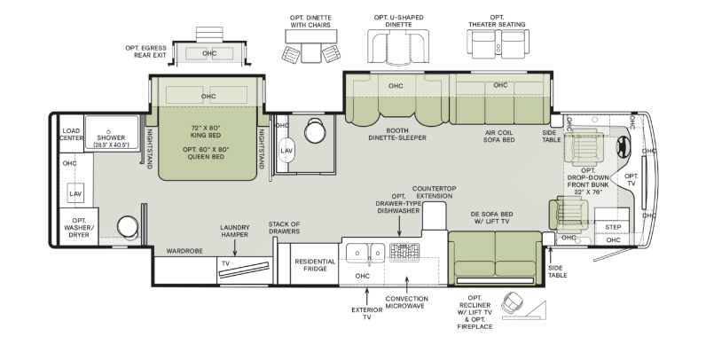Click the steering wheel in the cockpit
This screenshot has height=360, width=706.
click(x=624, y=146)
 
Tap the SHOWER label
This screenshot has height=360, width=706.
click(x=111, y=137)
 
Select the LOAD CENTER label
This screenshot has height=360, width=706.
click(x=71, y=134)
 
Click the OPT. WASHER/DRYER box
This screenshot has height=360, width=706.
click(x=79, y=227)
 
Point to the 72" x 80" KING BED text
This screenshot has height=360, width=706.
click(x=206, y=131)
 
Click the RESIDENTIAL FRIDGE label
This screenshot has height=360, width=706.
click(x=315, y=264)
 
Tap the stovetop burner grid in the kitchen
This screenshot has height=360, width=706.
click(x=404, y=252)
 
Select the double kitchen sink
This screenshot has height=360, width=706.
click(x=365, y=253)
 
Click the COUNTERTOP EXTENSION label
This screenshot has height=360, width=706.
click(x=434, y=192)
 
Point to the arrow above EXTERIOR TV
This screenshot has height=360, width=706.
click(x=367, y=296)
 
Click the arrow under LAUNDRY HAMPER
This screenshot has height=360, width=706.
click(x=234, y=248)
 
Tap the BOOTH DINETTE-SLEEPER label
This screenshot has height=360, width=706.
click(x=397, y=134)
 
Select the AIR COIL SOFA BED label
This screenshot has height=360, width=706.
click(x=498, y=136)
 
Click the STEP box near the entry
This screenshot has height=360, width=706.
click(x=612, y=227)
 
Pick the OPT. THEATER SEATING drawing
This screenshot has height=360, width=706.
click(x=498, y=43)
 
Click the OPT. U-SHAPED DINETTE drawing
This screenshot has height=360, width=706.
click(x=398, y=46)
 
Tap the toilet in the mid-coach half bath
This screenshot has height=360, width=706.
click(x=314, y=130)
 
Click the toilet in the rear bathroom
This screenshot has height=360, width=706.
click(x=128, y=226)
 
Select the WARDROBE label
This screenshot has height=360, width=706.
click(x=184, y=251)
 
